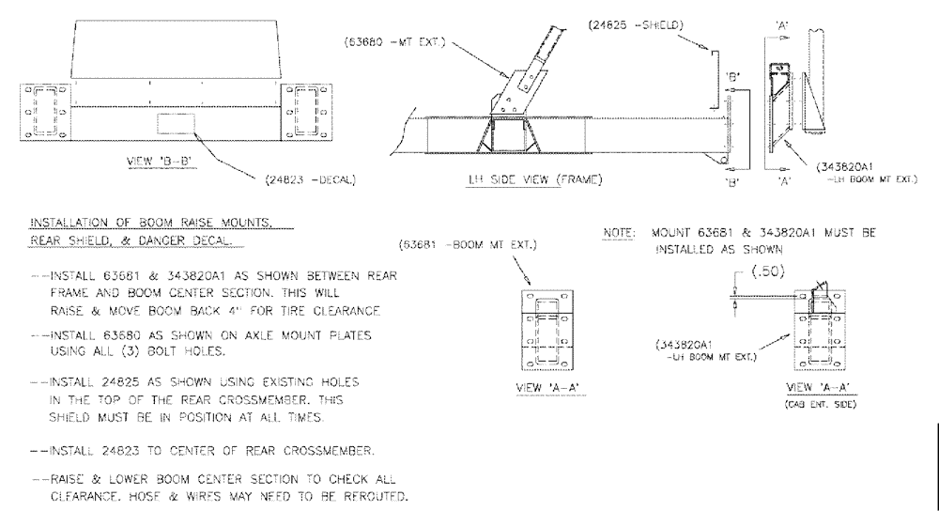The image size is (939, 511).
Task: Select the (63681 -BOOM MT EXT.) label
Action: coord(468,247)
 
